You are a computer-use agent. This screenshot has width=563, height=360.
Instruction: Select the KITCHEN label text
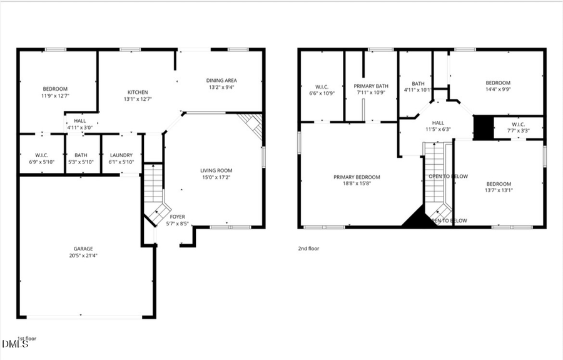[138, 92]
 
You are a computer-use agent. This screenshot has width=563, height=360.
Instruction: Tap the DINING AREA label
[221, 80]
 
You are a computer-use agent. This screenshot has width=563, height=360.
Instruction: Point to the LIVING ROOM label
[216, 170]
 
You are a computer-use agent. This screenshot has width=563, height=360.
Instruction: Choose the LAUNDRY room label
[121, 155]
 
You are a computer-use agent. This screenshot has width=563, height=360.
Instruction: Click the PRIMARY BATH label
[371, 86]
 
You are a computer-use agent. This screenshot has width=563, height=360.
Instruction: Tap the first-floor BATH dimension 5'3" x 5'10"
[81, 162]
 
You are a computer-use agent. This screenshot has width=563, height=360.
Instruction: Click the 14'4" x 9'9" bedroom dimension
[498, 89]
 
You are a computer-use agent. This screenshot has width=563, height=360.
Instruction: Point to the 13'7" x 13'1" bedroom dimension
[498, 190]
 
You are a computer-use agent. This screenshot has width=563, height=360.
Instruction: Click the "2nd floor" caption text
[308, 249]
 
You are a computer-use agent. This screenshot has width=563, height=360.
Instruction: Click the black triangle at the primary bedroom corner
[414, 219]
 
